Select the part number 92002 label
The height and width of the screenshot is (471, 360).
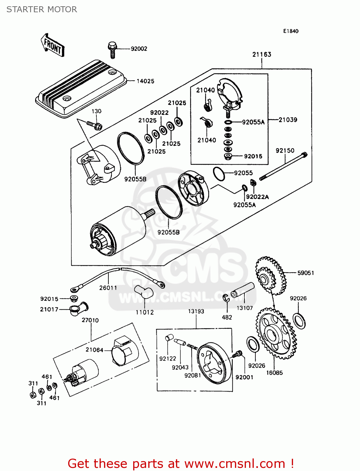[x=139, y=49]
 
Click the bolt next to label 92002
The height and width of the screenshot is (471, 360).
[x=112, y=50]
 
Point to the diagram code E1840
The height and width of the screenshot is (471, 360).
[x=291, y=31]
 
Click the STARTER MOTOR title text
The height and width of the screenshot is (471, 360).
[x=42, y=9]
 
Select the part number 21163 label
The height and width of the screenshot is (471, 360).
[x=262, y=54]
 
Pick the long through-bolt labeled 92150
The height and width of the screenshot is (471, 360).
[x=283, y=166]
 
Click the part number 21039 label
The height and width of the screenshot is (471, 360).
[x=288, y=120]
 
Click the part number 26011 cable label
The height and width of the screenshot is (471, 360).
[x=108, y=288]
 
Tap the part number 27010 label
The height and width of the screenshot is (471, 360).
[x=90, y=320]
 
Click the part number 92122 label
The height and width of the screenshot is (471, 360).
[x=167, y=359]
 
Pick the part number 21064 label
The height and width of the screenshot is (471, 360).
[x=94, y=350]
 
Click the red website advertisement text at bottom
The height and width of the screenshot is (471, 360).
[x=181, y=463]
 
